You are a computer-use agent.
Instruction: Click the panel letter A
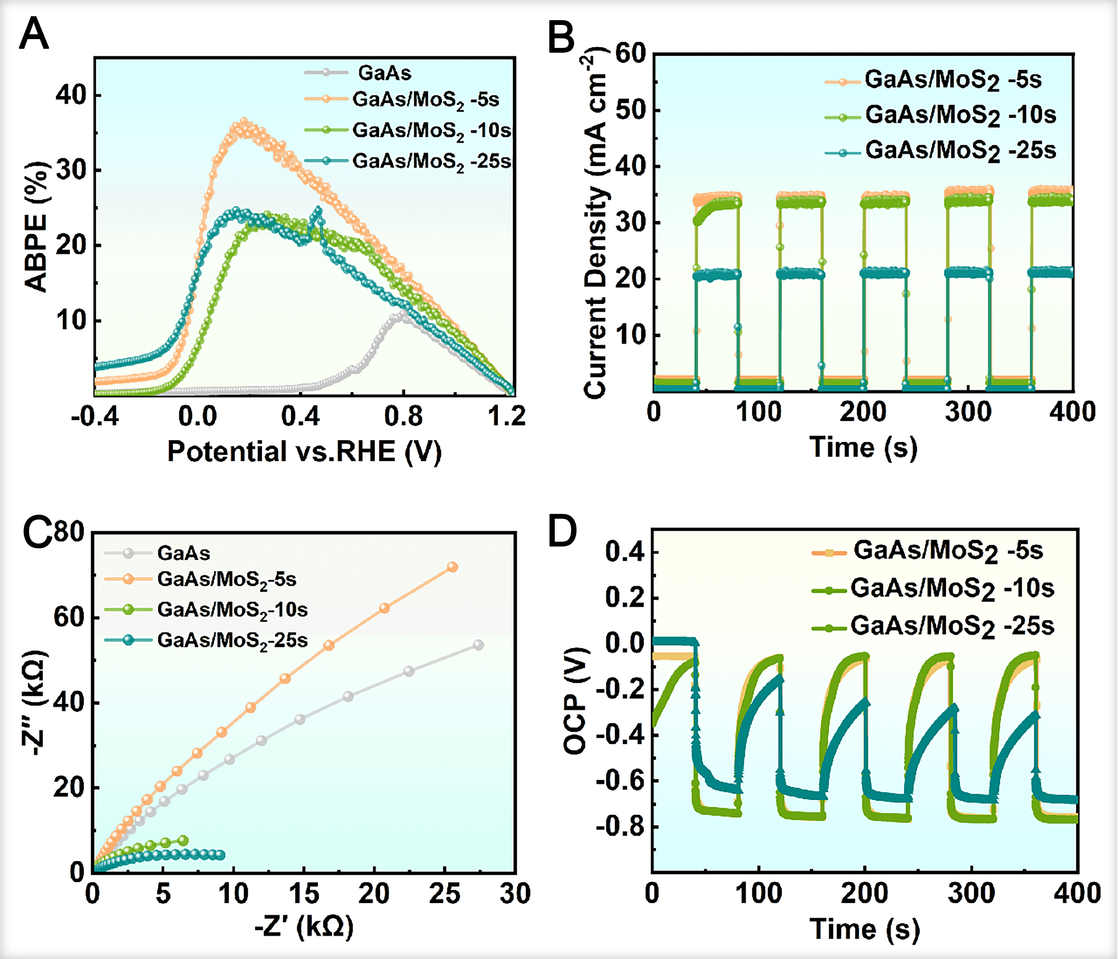[34, 34]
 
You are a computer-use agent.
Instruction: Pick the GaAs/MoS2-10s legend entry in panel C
[232, 610]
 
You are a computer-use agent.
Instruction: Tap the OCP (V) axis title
[575, 702]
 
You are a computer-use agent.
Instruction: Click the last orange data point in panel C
[452, 567]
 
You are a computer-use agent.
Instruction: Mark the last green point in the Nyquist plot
[183, 840]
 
